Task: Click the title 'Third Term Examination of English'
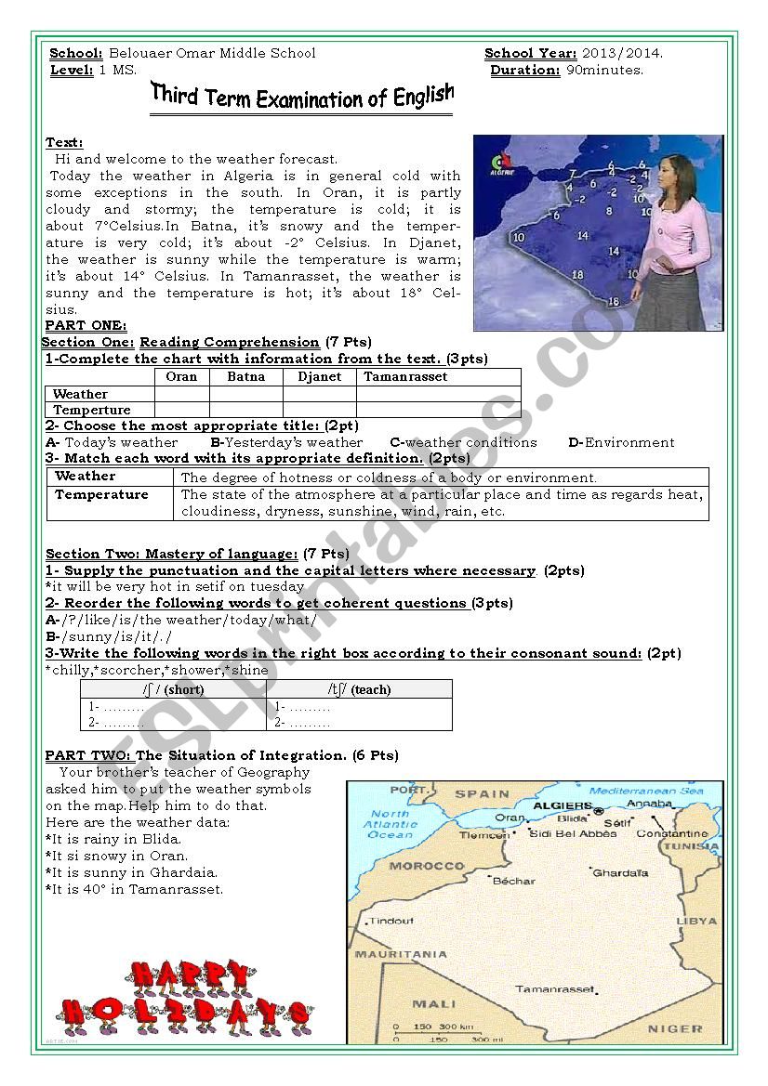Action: pos(302,96)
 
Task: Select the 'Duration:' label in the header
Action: pos(524,70)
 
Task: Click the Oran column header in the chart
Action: pos(181,376)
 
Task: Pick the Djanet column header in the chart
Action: pos(319,376)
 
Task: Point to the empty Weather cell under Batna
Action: pos(245,394)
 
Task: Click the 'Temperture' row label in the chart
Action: pos(92,410)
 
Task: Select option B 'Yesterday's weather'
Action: pos(286,442)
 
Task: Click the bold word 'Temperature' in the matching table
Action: pos(101,494)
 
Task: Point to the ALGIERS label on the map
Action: pos(563,805)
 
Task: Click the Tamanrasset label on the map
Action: pos(554,988)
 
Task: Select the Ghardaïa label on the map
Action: pos(620,873)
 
